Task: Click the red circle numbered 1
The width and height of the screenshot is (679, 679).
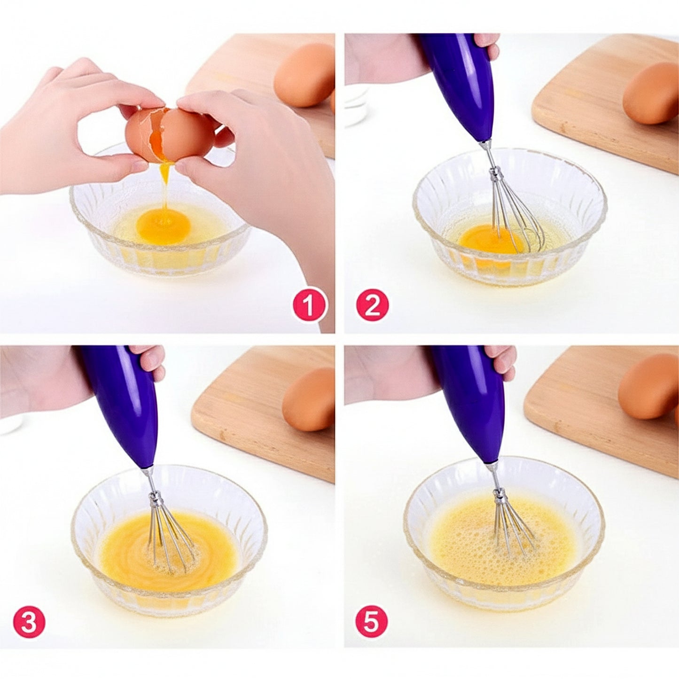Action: click(310, 305)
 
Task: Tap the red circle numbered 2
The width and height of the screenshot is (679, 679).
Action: click(373, 305)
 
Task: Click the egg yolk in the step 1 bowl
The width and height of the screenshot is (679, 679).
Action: click(164, 224)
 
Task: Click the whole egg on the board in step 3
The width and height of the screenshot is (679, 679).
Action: click(309, 399)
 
